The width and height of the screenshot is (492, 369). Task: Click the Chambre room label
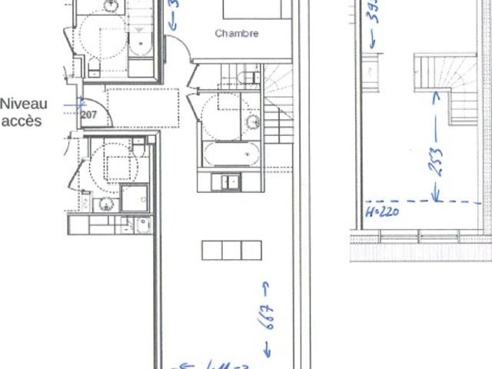point(237,34)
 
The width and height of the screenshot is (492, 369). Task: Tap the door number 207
point(89,115)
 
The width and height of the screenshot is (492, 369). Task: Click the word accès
point(22,121)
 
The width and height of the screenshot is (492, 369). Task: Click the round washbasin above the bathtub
point(252,122)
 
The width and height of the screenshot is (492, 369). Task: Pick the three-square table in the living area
point(231,250)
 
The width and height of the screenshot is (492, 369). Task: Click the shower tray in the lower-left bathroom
point(134,198)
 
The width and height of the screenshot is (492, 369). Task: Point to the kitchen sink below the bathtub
point(230,182)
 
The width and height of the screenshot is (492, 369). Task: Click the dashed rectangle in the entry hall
point(143,108)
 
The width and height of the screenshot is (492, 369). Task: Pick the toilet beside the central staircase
point(248,78)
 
